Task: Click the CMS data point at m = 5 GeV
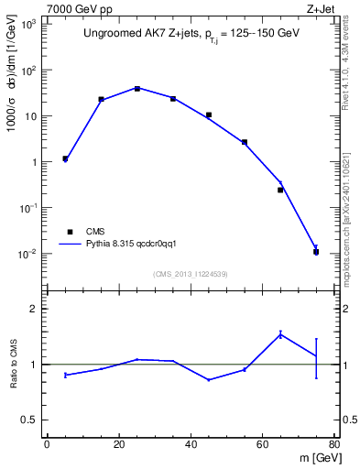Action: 65,158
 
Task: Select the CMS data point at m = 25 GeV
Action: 136,89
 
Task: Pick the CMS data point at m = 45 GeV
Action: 209,115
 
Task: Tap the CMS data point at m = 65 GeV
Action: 280,190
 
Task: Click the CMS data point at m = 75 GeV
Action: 316,251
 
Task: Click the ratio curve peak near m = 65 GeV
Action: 280,334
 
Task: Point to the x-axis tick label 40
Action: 191,445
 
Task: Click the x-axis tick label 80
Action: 334,445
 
